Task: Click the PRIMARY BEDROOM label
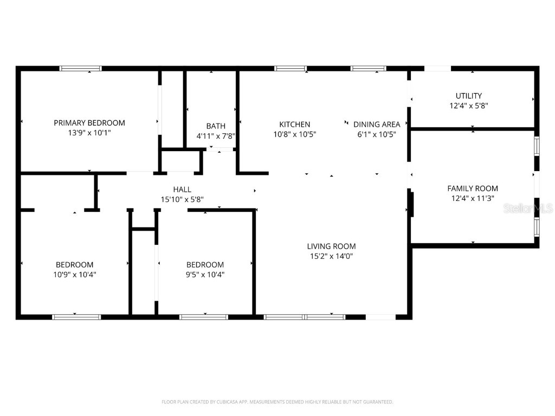pyautogui.click(x=89, y=123)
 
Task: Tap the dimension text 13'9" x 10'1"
pyautogui.click(x=89, y=133)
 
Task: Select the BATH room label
pyautogui.click(x=215, y=126)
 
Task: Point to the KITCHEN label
pyautogui.click(x=295, y=124)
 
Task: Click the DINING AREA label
pyautogui.click(x=377, y=124)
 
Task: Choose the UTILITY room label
pyautogui.click(x=468, y=96)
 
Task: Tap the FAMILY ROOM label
pyautogui.click(x=472, y=188)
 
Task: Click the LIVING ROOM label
pyautogui.click(x=331, y=246)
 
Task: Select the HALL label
pyautogui.click(x=182, y=190)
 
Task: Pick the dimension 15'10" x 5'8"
pyautogui.click(x=182, y=199)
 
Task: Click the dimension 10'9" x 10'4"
pyautogui.click(x=75, y=275)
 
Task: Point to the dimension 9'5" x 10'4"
pyautogui.click(x=205, y=275)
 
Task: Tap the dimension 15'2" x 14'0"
pyautogui.click(x=331, y=256)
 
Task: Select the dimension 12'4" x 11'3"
pyautogui.click(x=472, y=198)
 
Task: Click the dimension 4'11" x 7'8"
pyautogui.click(x=215, y=136)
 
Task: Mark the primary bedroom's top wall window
pyautogui.click(x=80, y=69)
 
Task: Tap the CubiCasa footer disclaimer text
pyautogui.click(x=277, y=402)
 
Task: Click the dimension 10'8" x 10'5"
pyautogui.click(x=295, y=134)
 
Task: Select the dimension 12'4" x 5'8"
pyautogui.click(x=468, y=106)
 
